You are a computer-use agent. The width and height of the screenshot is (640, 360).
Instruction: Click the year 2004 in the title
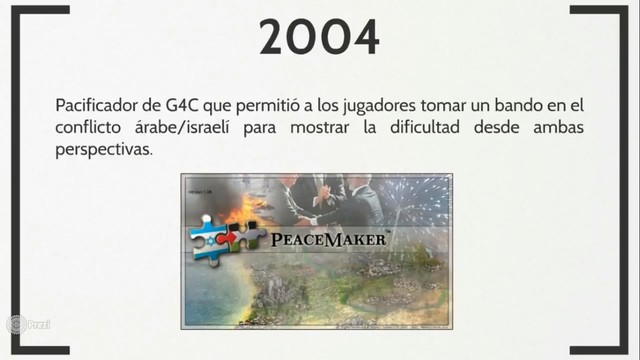(320, 37)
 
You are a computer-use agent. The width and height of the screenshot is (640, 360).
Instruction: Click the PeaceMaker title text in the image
(333, 239)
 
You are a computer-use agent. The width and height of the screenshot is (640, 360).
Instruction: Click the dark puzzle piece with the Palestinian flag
(249, 236)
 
